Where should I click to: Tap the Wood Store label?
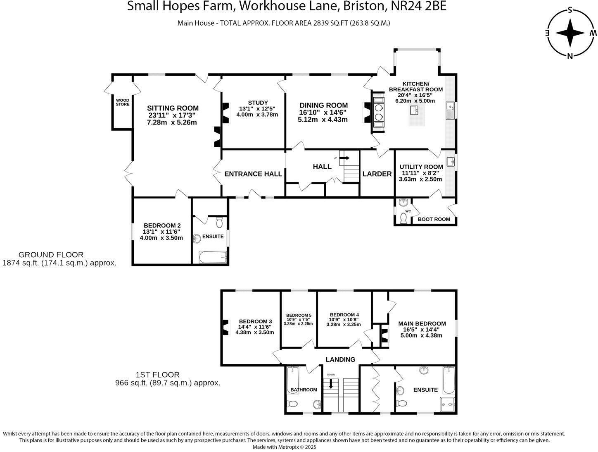pyautogui.click(x=122, y=102)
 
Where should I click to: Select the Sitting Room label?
pyautogui.click(x=173, y=109)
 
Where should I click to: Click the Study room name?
pyautogui.click(x=258, y=103)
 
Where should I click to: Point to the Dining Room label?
pyautogui.click(x=323, y=105)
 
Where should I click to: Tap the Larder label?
pyautogui.click(x=377, y=174)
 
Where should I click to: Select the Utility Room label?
pyautogui.click(x=421, y=167)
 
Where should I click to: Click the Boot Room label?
pyautogui.click(x=434, y=219)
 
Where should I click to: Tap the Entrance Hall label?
pyautogui.click(x=253, y=174)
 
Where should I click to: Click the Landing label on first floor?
pyautogui.click(x=340, y=359)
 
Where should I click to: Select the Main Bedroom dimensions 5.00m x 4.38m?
pyautogui.click(x=421, y=335)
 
